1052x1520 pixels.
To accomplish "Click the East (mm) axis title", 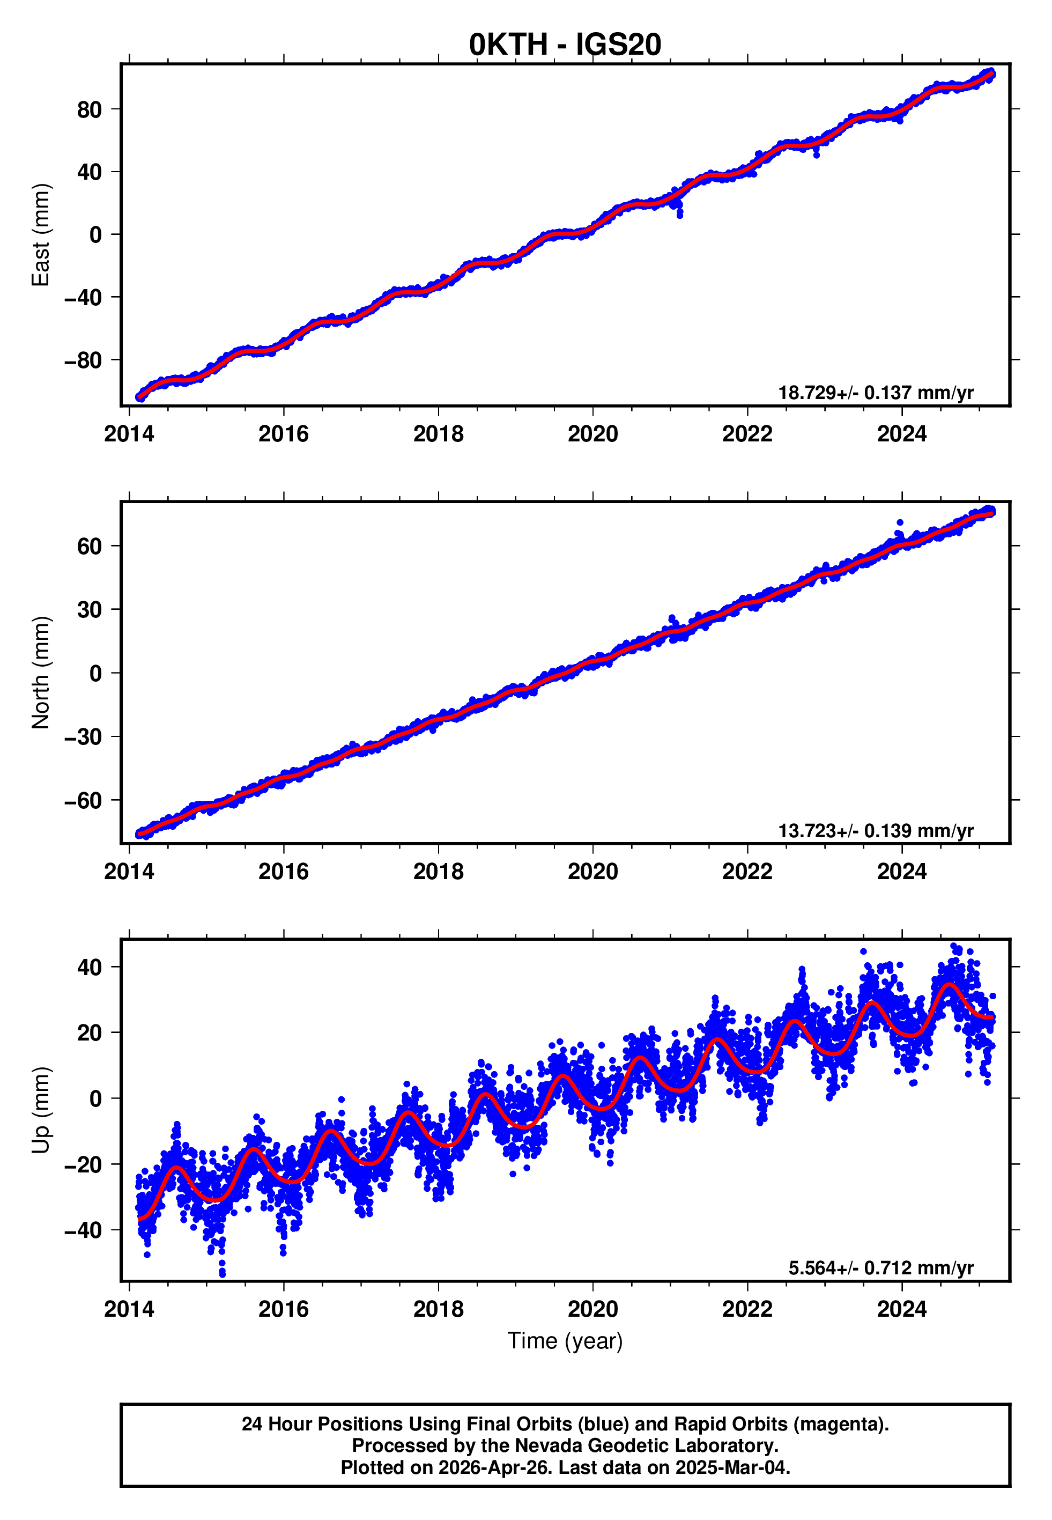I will click(41, 235).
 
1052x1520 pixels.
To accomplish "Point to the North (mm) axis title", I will click(41, 673).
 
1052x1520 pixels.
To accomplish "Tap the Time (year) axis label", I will click(565, 1341).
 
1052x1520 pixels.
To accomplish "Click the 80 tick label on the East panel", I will click(89, 109).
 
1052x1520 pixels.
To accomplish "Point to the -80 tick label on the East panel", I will click(83, 360).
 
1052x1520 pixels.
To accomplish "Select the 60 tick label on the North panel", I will click(89, 547).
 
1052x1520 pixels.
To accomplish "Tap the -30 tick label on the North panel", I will click(83, 737).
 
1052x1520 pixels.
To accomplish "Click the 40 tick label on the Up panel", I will click(89, 968).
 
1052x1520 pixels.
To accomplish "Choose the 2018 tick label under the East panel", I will click(439, 434).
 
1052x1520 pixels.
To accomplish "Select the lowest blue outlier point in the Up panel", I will click(222, 1275).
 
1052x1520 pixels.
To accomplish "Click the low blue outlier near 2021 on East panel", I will click(679, 215).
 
